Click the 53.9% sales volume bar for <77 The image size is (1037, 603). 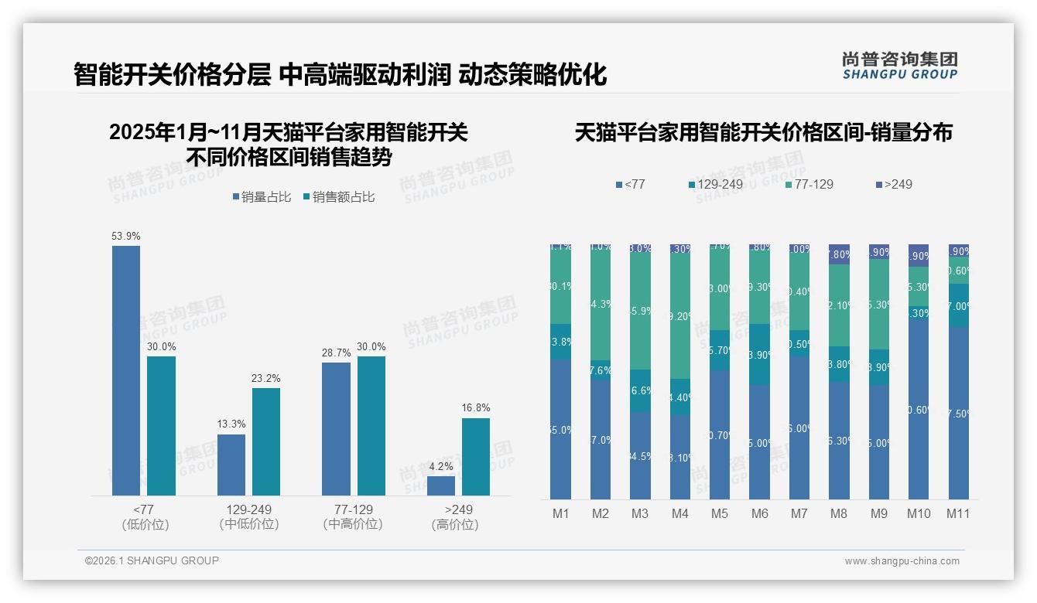tap(126, 370)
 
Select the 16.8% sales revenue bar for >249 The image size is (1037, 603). tap(476, 456)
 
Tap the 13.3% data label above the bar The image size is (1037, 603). tap(231, 424)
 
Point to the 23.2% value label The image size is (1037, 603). tap(266, 378)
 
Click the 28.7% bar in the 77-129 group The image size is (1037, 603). tap(336, 428)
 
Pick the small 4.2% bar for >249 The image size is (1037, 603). tap(441, 485)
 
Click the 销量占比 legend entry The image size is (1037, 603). tap(262, 197)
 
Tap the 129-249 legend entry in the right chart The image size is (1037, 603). tap(716, 184)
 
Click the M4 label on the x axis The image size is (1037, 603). tap(679, 513)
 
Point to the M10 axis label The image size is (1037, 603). tap(919, 513)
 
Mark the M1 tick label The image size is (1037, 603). tap(560, 513)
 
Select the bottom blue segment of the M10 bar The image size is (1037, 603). tap(919, 410)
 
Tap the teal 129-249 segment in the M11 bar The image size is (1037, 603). tap(959, 305)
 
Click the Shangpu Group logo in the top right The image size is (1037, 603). tap(899, 65)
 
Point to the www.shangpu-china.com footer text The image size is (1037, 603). tap(902, 561)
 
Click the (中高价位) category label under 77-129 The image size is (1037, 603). tap(353, 524)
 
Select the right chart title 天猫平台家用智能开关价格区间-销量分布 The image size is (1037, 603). tap(763, 133)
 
